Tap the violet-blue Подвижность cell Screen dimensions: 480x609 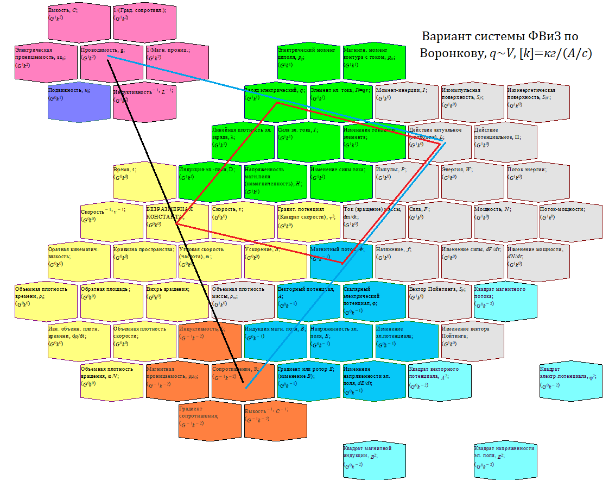78,101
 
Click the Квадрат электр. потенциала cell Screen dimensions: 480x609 570,381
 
